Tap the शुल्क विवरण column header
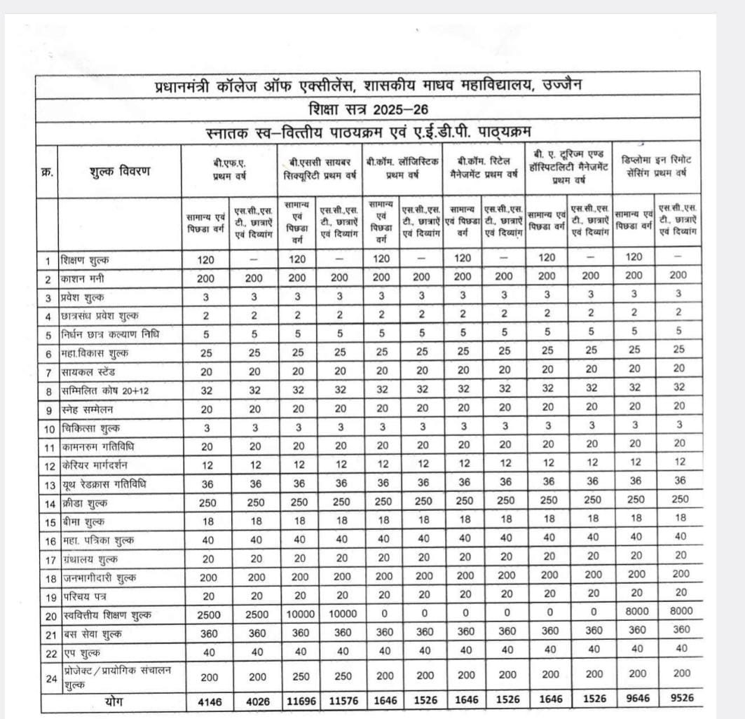pos(120,171)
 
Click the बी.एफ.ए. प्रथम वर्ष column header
pos(230,170)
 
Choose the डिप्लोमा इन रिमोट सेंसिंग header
pos(657,166)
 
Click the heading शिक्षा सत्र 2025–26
pos(369,110)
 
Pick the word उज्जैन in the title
pos(561,86)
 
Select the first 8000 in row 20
pos(634,611)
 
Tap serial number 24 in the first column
pos(48,677)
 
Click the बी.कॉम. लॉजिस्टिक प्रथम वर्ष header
pos(402,168)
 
